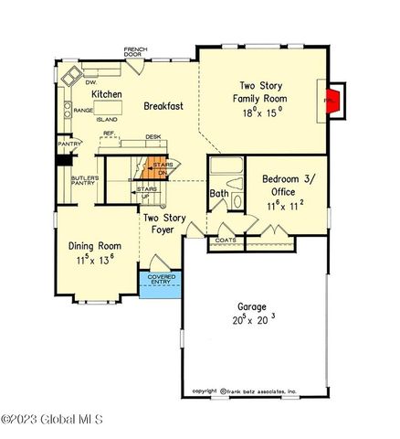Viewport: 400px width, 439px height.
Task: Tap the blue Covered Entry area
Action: (160, 284)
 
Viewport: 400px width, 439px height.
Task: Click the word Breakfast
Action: (163, 106)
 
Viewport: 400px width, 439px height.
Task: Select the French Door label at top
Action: (138, 51)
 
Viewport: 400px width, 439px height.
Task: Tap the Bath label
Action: (219, 194)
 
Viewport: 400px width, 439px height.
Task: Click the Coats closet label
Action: (225, 241)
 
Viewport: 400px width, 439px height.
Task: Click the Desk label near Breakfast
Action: (153, 138)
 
